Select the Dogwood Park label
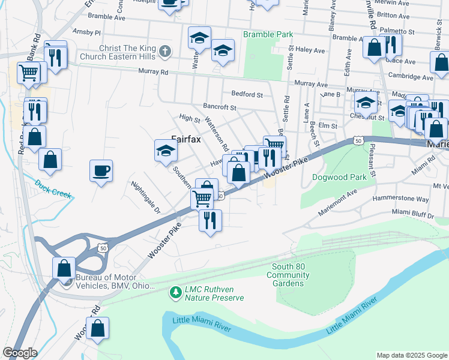[339, 178]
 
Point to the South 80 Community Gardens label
[289, 275]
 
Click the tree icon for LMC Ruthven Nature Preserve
[175, 293]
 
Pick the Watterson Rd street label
[217, 134]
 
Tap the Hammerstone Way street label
[400, 199]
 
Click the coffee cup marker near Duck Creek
[100, 170]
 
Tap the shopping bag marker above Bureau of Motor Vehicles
[64, 268]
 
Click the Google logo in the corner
[20, 353]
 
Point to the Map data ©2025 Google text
[411, 355]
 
